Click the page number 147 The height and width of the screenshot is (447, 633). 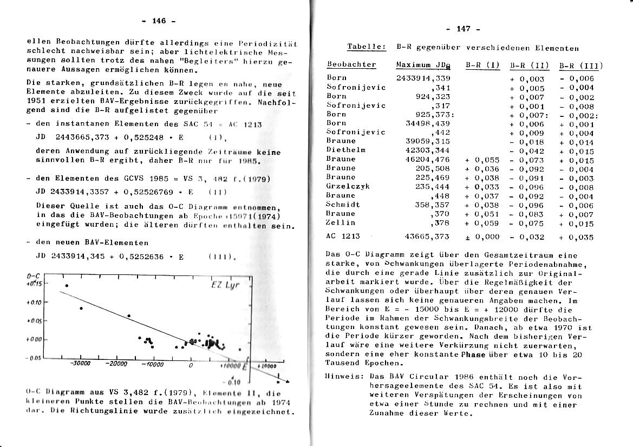(x=464, y=29)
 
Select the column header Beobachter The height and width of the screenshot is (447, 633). (x=351, y=64)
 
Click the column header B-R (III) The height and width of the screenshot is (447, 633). (x=580, y=66)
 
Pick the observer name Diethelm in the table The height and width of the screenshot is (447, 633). (x=345, y=149)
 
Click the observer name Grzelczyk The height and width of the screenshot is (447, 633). (x=348, y=186)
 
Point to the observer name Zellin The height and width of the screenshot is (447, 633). (x=341, y=222)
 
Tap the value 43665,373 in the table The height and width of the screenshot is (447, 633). (x=427, y=237)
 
